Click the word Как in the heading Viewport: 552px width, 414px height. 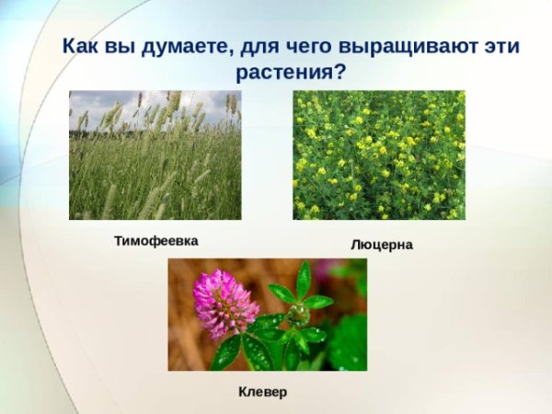(80, 46)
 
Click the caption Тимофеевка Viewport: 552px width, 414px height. (155, 241)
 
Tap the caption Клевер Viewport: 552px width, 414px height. (262, 392)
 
